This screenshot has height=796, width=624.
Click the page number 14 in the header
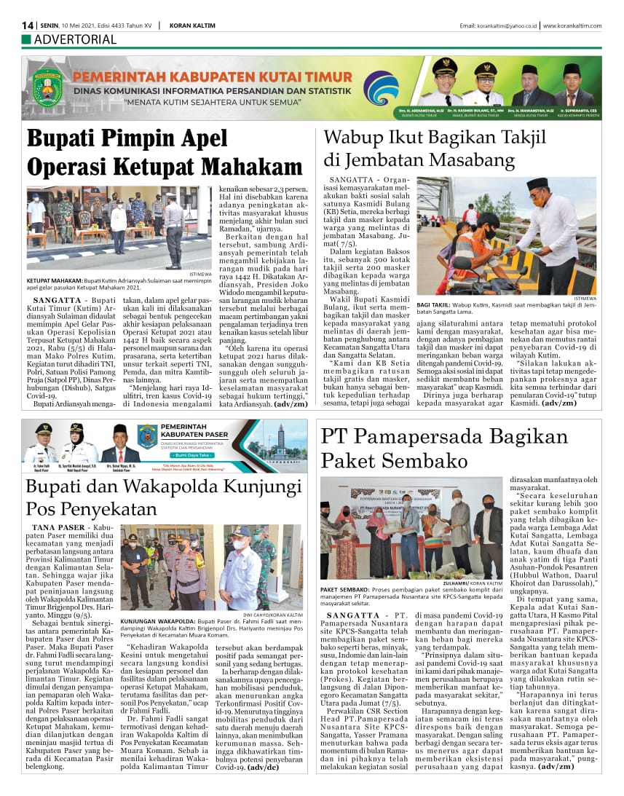click(28, 25)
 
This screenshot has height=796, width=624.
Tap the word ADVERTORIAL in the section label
click(75, 39)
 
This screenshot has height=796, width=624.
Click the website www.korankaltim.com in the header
click(572, 26)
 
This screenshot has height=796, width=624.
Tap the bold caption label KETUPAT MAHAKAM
click(54, 280)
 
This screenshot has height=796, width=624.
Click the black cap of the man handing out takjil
click(537, 184)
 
